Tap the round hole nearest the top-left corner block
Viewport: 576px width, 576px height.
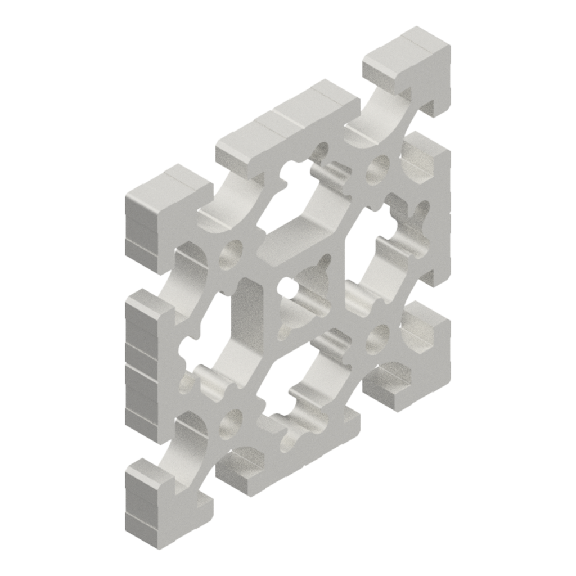[x=231, y=254]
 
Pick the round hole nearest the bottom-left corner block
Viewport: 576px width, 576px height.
[x=231, y=423]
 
